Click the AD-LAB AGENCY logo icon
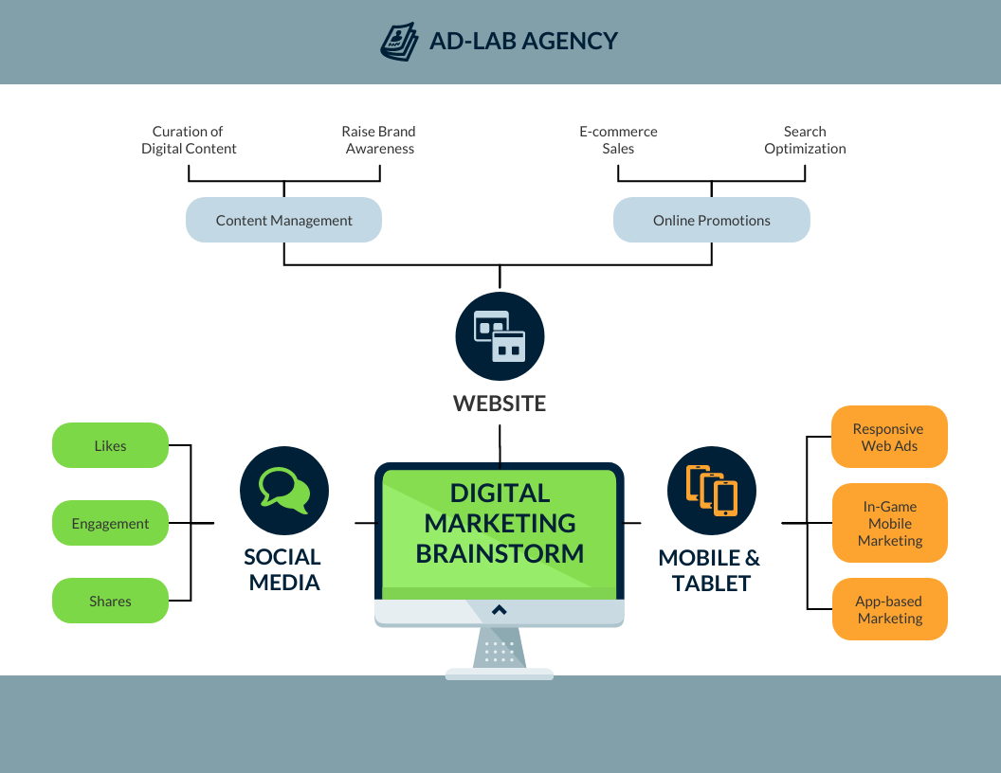tap(399, 42)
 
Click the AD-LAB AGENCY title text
tap(523, 42)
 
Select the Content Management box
tap(283, 220)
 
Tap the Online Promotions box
tap(712, 220)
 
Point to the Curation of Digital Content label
tap(189, 140)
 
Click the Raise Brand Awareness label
tap(379, 140)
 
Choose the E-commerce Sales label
tap(618, 140)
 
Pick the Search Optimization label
tap(805, 140)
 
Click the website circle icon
tap(500, 336)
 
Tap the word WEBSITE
tap(500, 404)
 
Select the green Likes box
tap(110, 445)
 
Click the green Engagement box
tap(110, 523)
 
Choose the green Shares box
tap(110, 601)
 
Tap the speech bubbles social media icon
tap(284, 491)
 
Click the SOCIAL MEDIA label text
tap(283, 569)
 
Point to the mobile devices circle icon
tap(712, 491)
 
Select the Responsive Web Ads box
tap(889, 437)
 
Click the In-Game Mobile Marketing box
tap(889, 523)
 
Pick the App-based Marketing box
tap(889, 609)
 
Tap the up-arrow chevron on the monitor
tap(500, 611)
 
